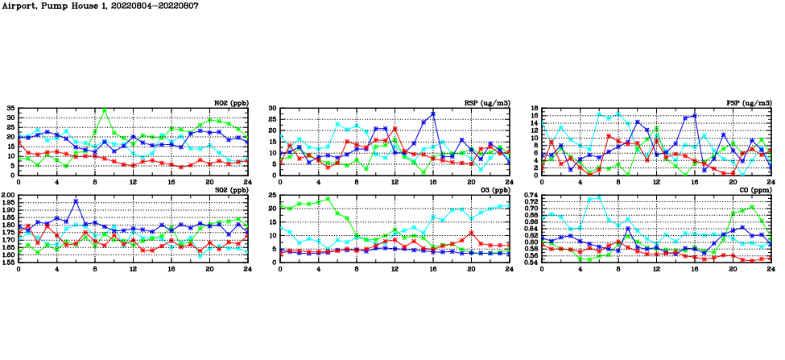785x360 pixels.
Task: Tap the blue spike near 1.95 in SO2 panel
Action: [76, 201]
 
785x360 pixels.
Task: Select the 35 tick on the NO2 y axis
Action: [10, 108]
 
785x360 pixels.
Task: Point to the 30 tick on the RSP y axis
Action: [272, 108]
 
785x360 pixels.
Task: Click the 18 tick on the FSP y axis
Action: [534, 108]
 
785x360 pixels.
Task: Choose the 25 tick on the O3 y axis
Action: [272, 195]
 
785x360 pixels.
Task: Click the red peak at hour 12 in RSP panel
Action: [395, 129]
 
